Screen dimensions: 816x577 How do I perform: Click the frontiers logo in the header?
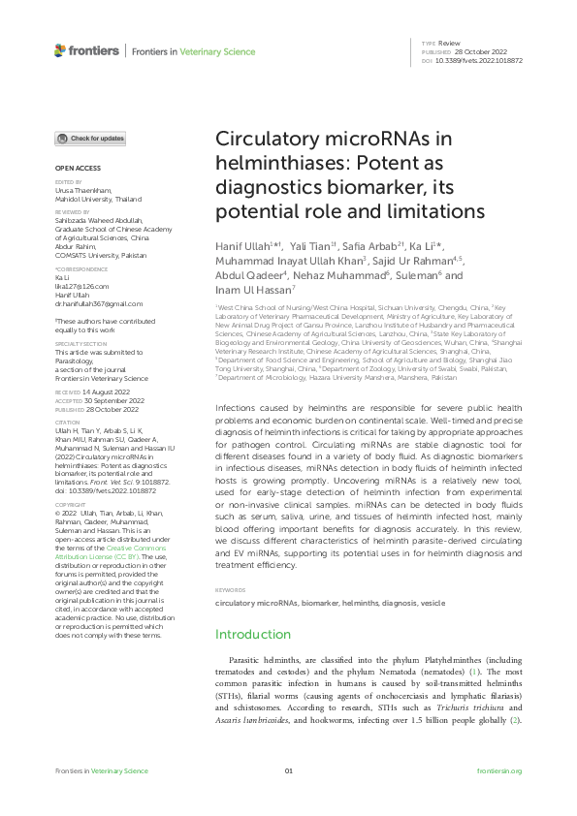click(x=86, y=50)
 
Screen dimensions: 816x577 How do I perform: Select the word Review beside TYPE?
click(x=449, y=45)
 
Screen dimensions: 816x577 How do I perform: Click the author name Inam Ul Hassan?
click(x=254, y=289)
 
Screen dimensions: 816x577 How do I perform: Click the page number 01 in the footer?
click(x=288, y=770)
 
